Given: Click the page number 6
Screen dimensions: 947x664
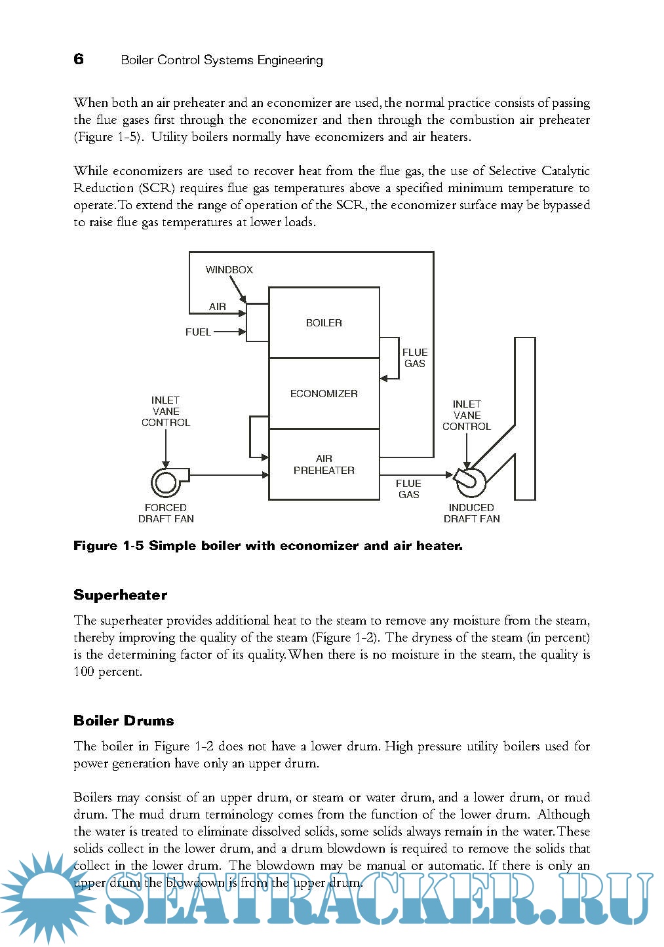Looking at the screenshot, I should click(79, 59).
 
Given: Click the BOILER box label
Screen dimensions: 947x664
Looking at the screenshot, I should click(324, 322).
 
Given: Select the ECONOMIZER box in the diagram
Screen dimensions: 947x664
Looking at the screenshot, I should click(324, 393).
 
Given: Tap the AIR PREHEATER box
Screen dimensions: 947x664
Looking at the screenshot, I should click(324, 464).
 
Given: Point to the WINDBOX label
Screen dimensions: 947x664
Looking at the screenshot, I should click(229, 269).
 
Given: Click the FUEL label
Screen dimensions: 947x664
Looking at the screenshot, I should click(198, 332).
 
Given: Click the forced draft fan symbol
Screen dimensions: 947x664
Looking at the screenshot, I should click(166, 482).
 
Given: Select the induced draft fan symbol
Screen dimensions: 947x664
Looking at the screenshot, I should click(470, 480).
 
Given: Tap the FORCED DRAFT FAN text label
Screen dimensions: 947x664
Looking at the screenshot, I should click(166, 513).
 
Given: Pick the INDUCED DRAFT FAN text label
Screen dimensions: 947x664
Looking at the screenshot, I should click(471, 513).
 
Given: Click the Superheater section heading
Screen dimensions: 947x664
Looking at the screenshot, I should click(120, 595).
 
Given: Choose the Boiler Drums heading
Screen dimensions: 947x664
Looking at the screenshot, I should click(123, 721).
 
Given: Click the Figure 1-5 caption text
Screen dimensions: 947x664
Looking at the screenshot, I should click(267, 546).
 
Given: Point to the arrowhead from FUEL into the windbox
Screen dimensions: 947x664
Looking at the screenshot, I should click(243, 332).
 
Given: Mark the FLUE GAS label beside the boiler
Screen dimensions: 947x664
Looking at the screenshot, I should click(414, 358).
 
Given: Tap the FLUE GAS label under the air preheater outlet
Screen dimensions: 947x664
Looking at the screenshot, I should click(408, 489).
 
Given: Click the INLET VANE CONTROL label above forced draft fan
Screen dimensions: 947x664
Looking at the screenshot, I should click(166, 411).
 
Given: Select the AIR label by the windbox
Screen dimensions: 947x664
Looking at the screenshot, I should click(218, 307).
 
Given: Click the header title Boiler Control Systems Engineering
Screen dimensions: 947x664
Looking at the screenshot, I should click(222, 60).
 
